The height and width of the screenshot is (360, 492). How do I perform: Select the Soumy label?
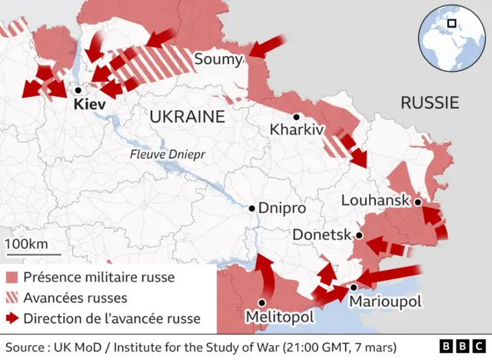pyautogui.click(x=218, y=59)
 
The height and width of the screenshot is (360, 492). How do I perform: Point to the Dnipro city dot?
pyautogui.click(x=251, y=208)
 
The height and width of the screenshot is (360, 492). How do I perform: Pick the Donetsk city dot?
pyautogui.click(x=358, y=235)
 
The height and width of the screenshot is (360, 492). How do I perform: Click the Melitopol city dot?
pyautogui.click(x=262, y=302)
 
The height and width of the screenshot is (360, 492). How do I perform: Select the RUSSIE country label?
pyautogui.click(x=430, y=102)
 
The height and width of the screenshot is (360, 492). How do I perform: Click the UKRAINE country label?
pyautogui.click(x=186, y=116)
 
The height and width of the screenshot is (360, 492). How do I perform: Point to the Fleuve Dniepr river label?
pyautogui.click(x=169, y=154)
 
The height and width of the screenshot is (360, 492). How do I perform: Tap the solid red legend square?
pyautogui.click(x=12, y=278)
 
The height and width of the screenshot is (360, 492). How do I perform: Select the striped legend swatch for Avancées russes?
pyautogui.click(x=12, y=298)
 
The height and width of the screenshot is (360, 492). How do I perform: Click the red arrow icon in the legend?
pyautogui.click(x=12, y=318)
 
